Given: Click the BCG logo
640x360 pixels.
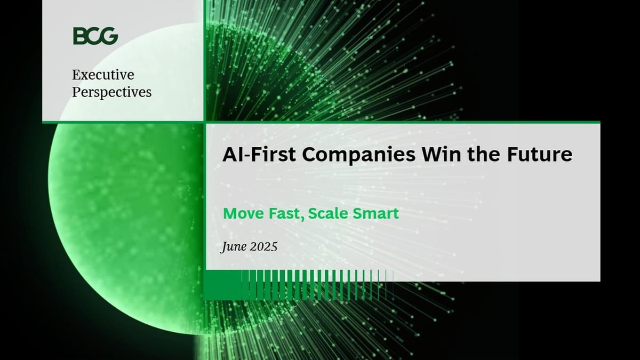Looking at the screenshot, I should point(95,36).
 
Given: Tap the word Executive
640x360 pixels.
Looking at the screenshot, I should point(103,75).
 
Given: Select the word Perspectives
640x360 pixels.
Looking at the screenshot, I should point(111,92).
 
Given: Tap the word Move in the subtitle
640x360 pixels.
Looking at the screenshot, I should point(242,214).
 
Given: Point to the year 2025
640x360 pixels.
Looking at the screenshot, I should point(263,247).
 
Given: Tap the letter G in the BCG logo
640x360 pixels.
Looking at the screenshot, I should point(110,36).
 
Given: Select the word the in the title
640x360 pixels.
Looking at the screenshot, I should point(481,155).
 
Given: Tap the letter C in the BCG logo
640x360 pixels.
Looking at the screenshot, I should point(95,36).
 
